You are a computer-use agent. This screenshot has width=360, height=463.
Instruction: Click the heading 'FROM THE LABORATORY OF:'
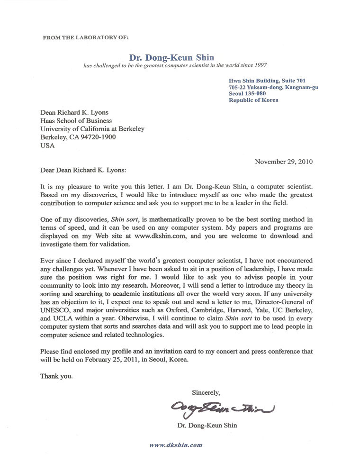[x=85, y=36]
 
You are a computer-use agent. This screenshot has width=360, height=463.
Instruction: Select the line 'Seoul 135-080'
[x=248, y=93]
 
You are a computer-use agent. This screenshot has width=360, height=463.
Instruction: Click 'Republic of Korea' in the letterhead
[x=253, y=100]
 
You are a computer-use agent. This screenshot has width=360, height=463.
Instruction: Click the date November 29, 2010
[x=284, y=161]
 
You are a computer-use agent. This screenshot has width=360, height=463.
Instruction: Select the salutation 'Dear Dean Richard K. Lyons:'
[x=83, y=170]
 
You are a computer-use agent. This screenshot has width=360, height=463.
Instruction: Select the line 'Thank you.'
[x=57, y=377]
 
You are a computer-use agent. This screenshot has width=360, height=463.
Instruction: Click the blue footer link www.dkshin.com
[x=176, y=445]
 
